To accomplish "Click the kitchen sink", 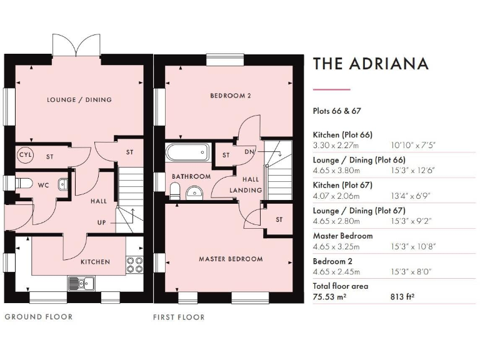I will [80, 283].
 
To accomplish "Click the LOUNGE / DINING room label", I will [79, 100].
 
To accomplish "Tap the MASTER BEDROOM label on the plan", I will [231, 259].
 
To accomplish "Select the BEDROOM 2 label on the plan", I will [230, 96].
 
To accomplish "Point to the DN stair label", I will [249, 152].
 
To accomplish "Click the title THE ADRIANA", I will [371, 64].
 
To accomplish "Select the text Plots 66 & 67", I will [337, 111].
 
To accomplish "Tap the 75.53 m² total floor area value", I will [330, 297].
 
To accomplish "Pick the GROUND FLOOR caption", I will [39, 317].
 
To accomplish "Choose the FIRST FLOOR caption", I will [179, 317].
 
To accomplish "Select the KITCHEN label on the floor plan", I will [95, 262].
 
